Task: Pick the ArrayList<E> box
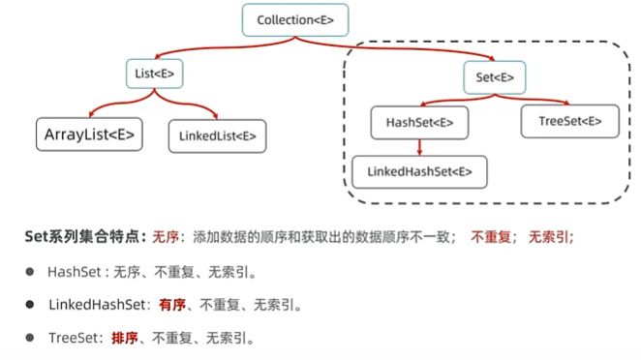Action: click(x=88, y=135)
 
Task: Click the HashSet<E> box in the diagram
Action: click(x=419, y=123)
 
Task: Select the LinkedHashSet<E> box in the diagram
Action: click(x=419, y=171)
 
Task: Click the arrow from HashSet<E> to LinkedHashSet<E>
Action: click(x=419, y=146)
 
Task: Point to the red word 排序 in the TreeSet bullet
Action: click(x=125, y=338)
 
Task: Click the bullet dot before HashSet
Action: click(x=30, y=272)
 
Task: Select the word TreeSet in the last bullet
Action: click(x=75, y=338)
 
